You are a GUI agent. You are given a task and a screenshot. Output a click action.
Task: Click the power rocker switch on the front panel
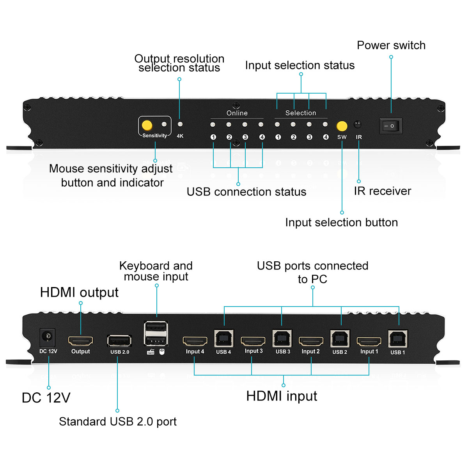click(x=390, y=126)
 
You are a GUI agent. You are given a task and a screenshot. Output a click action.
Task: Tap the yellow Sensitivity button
click(x=147, y=125)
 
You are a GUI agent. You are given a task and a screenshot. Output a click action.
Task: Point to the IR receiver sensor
click(x=357, y=125)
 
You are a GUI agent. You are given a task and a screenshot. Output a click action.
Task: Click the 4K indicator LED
click(x=180, y=124)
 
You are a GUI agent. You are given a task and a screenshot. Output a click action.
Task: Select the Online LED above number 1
click(x=213, y=125)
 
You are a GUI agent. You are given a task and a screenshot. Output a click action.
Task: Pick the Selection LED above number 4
click(x=325, y=124)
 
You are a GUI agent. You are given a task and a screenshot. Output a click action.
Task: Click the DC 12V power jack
click(x=48, y=337)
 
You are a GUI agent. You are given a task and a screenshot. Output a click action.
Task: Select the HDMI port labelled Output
click(x=81, y=341)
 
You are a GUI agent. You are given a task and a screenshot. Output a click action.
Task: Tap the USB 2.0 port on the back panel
click(x=119, y=341)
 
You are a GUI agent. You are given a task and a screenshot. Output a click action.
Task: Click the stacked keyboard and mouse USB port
click(x=156, y=333)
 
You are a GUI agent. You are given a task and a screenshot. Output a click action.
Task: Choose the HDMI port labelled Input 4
click(x=195, y=341)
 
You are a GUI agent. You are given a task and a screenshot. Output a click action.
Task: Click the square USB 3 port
click(x=282, y=338)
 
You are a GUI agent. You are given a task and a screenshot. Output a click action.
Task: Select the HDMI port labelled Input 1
click(x=369, y=342)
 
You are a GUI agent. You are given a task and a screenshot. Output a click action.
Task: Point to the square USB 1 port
click(x=398, y=339)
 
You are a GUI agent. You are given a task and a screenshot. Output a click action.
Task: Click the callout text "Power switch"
click(x=391, y=45)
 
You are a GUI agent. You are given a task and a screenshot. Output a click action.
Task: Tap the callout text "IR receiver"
click(x=382, y=191)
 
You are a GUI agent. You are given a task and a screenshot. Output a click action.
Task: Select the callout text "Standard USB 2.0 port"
click(x=118, y=422)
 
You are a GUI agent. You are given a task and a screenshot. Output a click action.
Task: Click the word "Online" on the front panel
click(x=237, y=113)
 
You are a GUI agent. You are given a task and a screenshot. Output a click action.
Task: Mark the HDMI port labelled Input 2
click(x=311, y=342)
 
